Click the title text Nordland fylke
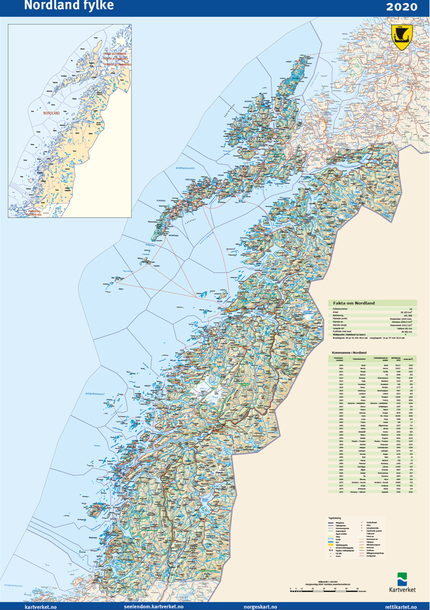(x=69, y=6)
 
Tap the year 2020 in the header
(x=402, y=7)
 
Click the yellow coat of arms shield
(x=402, y=37)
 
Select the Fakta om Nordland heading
(x=354, y=302)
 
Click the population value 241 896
(x=407, y=315)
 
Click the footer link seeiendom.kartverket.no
(x=153, y=606)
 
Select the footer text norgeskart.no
(x=260, y=606)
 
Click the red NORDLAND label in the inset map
(x=52, y=113)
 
